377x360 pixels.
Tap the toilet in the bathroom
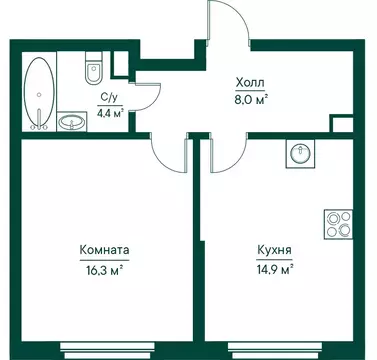click(x=93, y=71)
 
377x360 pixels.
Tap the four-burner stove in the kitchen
click(x=337, y=223)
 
